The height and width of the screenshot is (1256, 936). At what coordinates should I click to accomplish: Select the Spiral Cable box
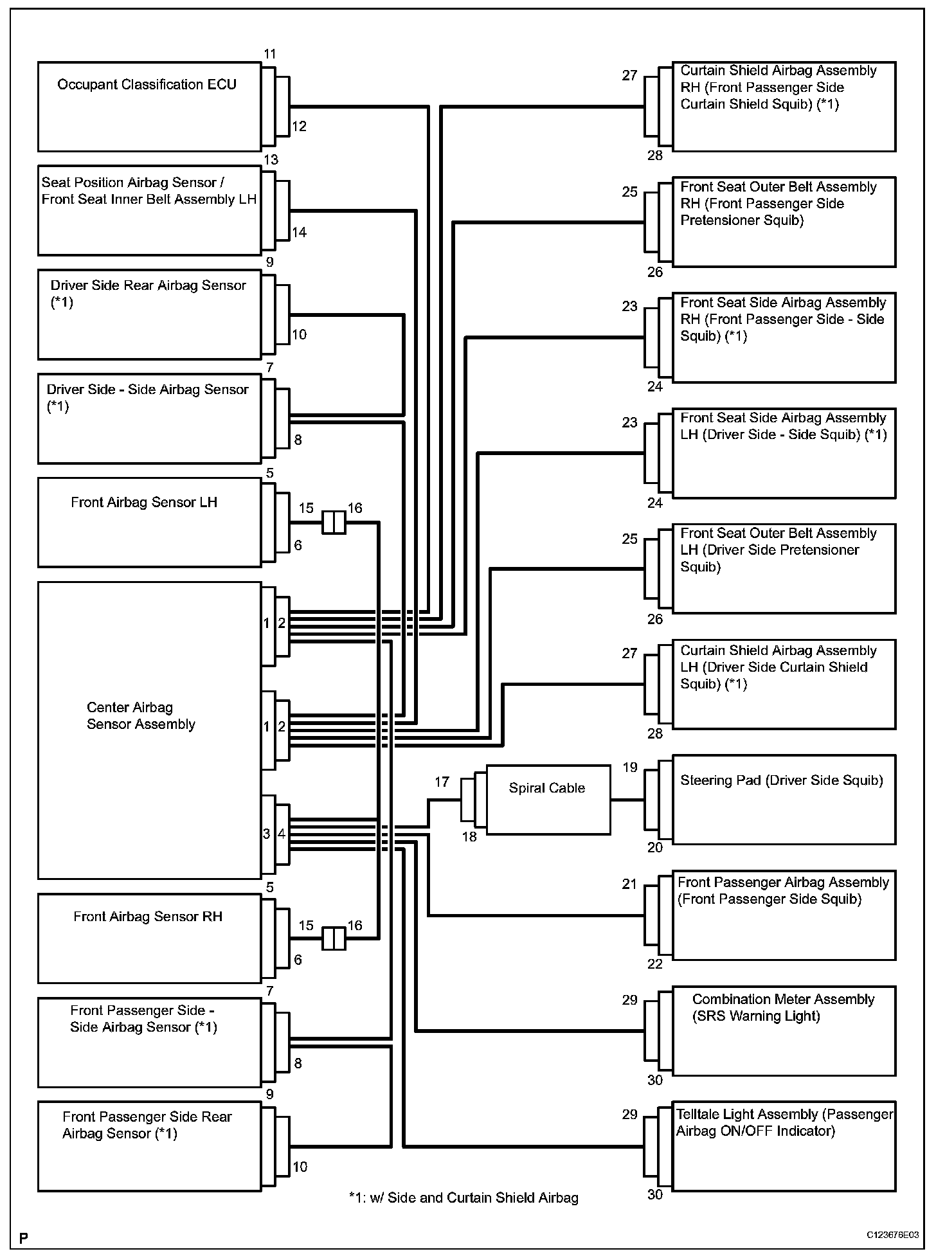pyautogui.click(x=548, y=800)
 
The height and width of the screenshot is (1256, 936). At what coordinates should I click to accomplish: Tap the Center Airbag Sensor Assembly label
pyautogui.click(x=141, y=716)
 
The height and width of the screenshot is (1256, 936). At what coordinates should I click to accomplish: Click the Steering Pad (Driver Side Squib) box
pyautogui.click(x=783, y=800)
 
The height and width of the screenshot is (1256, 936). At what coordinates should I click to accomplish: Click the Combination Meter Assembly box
pyautogui.click(x=783, y=1030)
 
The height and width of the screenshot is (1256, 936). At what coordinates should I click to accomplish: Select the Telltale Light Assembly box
pyautogui.click(x=783, y=1146)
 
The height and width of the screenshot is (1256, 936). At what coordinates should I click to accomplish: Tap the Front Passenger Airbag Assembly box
pyautogui.click(x=783, y=915)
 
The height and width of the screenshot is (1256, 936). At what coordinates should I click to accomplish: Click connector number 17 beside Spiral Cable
pyautogui.click(x=442, y=782)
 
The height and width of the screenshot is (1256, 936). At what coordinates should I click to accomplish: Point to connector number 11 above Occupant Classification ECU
pyautogui.click(x=270, y=55)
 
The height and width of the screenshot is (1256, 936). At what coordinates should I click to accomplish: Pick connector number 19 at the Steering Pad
pyautogui.click(x=630, y=767)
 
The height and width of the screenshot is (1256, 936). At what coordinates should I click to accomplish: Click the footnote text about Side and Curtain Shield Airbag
pyautogui.click(x=464, y=1198)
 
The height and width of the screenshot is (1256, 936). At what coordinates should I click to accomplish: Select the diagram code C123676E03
pyautogui.click(x=892, y=1235)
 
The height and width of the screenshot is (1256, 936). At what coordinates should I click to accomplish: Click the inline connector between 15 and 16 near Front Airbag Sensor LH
pyautogui.click(x=334, y=523)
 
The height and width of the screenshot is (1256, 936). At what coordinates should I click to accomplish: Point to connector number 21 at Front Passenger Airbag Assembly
pyautogui.click(x=629, y=884)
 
